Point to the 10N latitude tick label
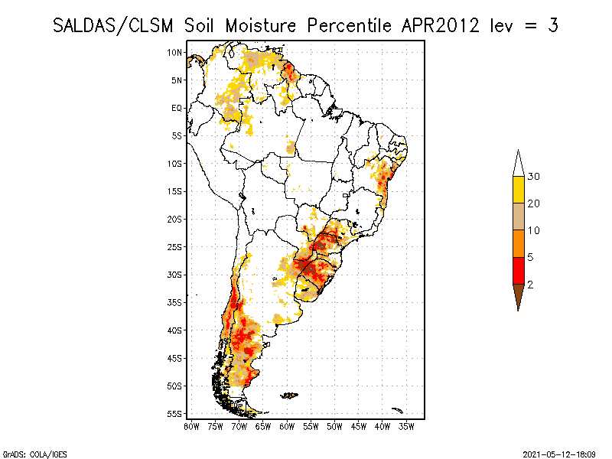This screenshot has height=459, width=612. (175, 52)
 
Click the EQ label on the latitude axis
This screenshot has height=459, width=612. (177, 108)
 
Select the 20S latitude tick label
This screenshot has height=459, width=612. (175, 219)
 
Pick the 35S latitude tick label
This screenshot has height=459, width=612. (175, 302)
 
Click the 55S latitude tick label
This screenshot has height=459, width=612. (175, 414)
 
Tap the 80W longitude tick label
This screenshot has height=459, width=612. (191, 426)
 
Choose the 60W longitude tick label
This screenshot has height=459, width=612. (287, 426)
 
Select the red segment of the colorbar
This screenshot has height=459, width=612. (518, 270)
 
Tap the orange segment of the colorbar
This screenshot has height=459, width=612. (518, 243)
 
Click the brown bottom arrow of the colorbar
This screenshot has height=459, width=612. (518, 295)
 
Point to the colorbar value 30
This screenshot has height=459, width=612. (534, 177)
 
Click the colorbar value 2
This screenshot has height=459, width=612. (531, 284)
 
